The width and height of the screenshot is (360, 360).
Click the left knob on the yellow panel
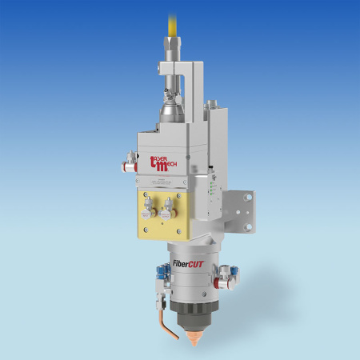[147, 213]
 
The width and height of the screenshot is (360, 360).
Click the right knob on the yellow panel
[166, 213]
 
